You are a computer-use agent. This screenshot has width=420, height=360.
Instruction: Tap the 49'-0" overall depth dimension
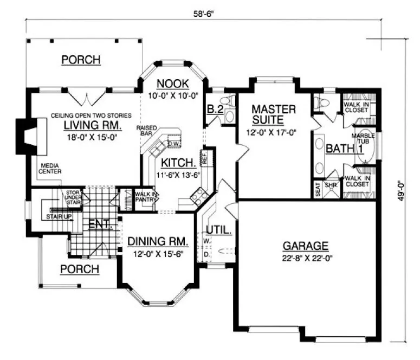401,190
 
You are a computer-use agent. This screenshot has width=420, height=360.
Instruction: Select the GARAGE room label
305,245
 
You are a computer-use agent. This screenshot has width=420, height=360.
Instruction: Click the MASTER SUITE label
274,114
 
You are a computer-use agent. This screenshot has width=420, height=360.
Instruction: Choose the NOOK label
172,83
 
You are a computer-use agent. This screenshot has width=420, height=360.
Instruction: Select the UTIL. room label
218,230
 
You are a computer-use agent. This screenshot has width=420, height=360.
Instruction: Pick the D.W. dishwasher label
173,144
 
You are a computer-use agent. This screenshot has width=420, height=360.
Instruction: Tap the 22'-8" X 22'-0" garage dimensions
306,258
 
